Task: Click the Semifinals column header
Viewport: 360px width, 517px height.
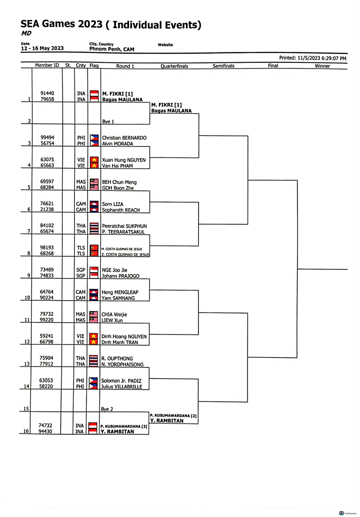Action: (224, 66)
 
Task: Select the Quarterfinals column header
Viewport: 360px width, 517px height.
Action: (174, 66)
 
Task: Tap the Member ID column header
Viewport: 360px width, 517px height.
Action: (47, 65)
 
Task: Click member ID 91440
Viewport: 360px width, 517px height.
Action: (47, 93)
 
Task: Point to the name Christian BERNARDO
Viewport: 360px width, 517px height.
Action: (124, 138)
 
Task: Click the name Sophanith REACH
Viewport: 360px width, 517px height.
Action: (121, 210)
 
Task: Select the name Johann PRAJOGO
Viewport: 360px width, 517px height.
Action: (121, 276)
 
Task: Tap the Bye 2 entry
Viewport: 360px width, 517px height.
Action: (107, 409)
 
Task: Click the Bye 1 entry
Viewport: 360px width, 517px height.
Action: (108, 122)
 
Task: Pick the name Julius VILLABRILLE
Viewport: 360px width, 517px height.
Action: (122, 386)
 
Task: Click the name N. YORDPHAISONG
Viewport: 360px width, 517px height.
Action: (122, 365)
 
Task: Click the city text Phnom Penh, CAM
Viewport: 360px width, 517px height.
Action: (112, 49)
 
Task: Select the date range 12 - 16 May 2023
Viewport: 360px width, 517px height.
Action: (42, 48)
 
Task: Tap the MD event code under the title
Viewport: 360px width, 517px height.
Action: (26, 33)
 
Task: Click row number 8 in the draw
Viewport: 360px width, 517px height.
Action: (29, 253)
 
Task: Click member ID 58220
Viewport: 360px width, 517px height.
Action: (46, 386)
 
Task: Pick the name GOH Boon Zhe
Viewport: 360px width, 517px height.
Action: (118, 188)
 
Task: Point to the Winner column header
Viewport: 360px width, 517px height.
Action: (322, 66)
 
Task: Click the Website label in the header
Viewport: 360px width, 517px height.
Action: (165, 45)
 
